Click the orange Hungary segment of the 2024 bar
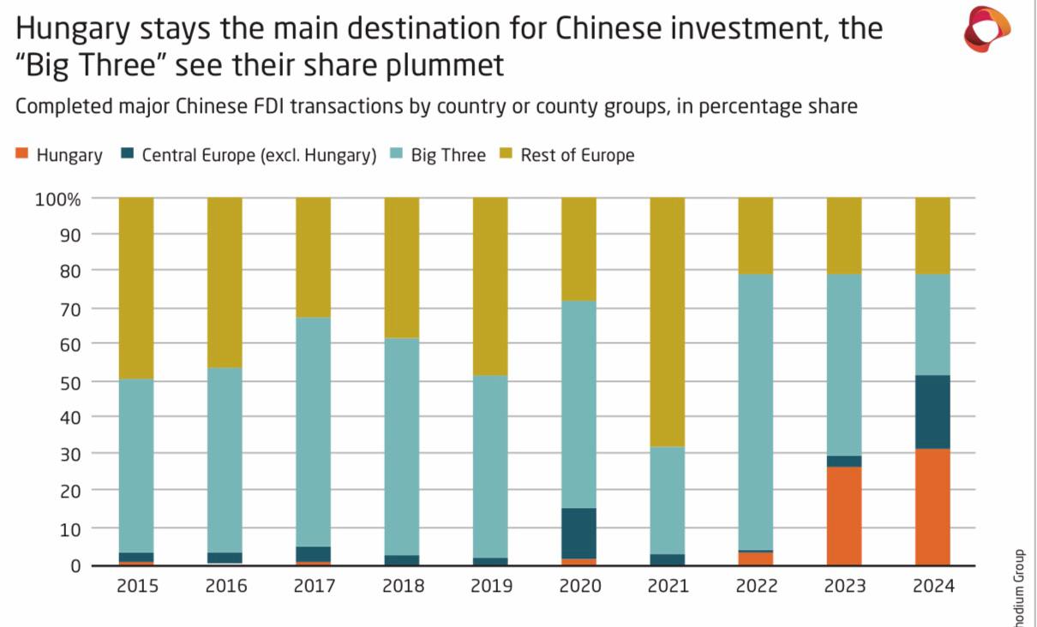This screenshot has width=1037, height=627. (x=932, y=506)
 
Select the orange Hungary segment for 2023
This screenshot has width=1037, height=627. (x=844, y=516)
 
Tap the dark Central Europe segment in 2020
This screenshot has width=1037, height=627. (x=578, y=533)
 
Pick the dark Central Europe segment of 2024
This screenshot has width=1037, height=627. (x=932, y=411)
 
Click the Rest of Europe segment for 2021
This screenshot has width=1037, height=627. (x=668, y=322)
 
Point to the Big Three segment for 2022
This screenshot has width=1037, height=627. (x=756, y=412)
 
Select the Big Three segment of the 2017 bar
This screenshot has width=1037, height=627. (x=313, y=432)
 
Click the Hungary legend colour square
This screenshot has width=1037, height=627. (x=22, y=154)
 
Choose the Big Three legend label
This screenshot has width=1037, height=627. (x=448, y=155)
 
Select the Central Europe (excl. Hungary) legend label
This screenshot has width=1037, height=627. (x=259, y=155)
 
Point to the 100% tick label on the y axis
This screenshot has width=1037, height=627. (x=57, y=199)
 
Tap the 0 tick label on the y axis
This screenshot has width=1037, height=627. (x=75, y=565)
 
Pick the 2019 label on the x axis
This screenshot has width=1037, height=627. (x=491, y=587)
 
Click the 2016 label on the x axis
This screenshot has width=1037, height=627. (x=225, y=587)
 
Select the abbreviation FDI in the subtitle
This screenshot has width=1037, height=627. (x=339, y=107)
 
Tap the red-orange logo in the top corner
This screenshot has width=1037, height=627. (x=987, y=29)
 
